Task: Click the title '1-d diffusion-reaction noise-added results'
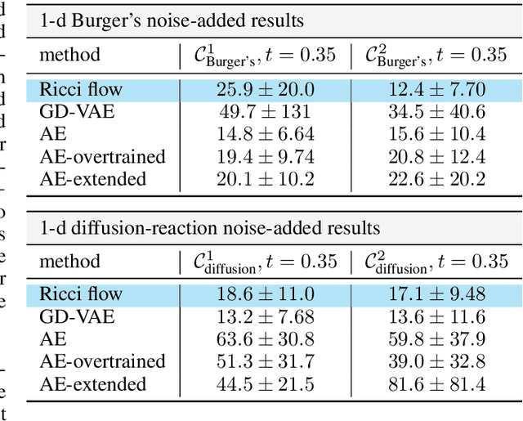pos(210,228)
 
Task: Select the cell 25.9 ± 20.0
pos(259,90)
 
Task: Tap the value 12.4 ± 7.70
pos(429,90)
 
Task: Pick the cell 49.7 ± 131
pos(259,113)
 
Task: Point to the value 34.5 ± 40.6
pos(429,113)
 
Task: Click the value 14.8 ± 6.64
pos(259,135)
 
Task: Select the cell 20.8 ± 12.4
pos(429,157)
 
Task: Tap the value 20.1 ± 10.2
pos(259,179)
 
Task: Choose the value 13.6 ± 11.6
pos(429,317)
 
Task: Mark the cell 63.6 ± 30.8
pos(259,339)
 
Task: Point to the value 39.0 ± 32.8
pos(429,361)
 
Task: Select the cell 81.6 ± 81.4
pos(429,384)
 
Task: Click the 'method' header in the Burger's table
pos(69,55)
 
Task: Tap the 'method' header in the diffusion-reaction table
pos(69,262)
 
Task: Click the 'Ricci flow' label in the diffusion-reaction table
pos(80,294)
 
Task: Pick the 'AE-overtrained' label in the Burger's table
pos(102,157)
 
